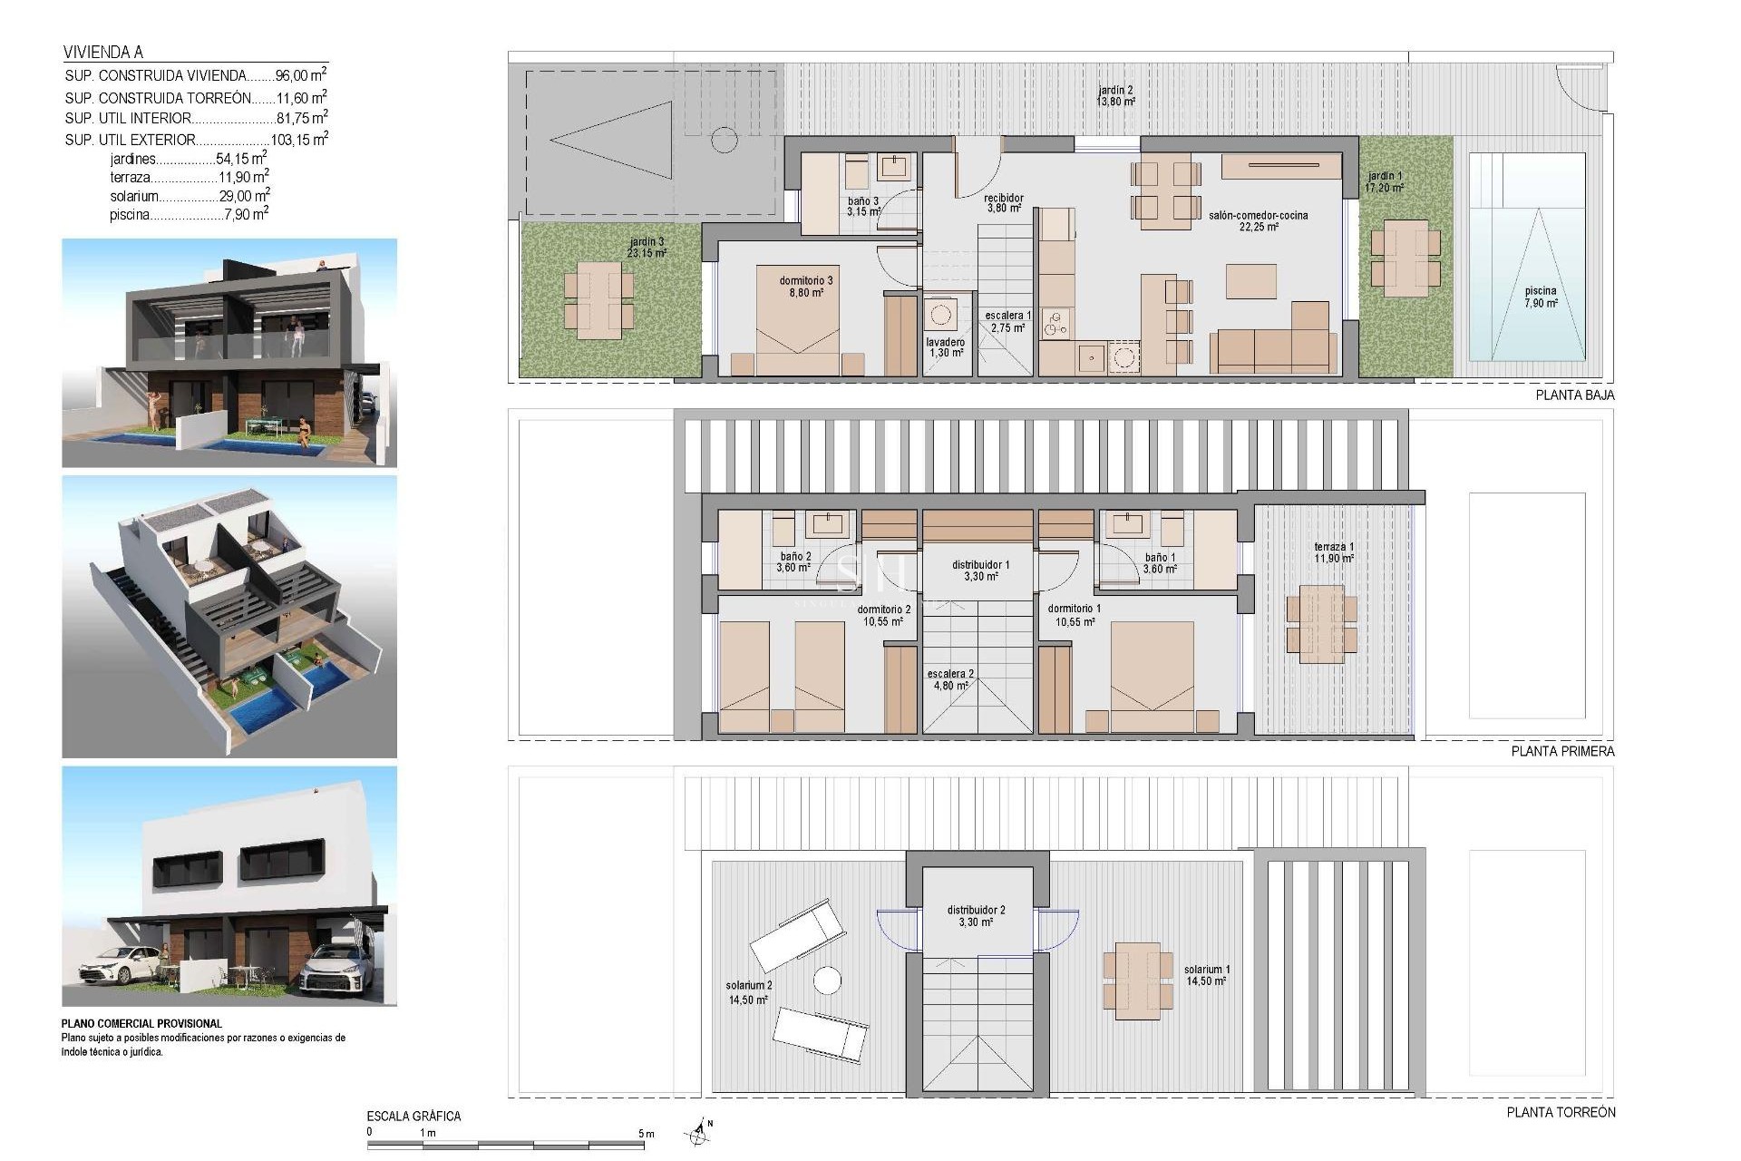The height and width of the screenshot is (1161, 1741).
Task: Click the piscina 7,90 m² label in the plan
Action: point(1540,297)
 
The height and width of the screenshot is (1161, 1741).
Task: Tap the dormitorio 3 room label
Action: point(805,287)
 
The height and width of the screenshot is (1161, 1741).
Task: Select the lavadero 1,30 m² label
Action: point(946,347)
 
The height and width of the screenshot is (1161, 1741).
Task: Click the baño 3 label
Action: point(863,207)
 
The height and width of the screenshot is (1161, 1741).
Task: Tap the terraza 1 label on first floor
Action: point(1333,552)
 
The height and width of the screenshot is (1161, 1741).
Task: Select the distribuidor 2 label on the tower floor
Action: point(976,916)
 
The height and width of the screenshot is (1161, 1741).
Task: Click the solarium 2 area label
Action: point(748,992)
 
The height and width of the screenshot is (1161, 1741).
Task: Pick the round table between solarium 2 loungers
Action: point(827,981)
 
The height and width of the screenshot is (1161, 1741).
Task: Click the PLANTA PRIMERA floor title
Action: point(1562,751)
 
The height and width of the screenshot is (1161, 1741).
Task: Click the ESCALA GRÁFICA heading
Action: point(413,1117)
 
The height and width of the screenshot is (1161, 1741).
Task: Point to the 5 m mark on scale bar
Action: point(646,1134)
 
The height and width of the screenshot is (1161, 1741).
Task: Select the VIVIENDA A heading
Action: point(103,53)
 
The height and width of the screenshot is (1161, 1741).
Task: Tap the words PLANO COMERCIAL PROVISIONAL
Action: point(141,1024)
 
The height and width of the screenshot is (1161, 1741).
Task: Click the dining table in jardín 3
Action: point(598,300)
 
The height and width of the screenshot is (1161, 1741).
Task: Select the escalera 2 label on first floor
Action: point(950,679)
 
